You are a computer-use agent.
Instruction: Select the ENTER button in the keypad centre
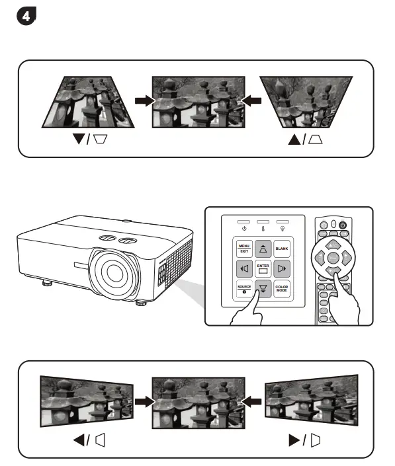click(x=263, y=268)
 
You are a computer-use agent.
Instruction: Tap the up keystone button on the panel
click(x=263, y=249)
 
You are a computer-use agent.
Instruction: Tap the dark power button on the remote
click(x=343, y=225)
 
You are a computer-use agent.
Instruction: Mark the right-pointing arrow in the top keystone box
click(x=141, y=100)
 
